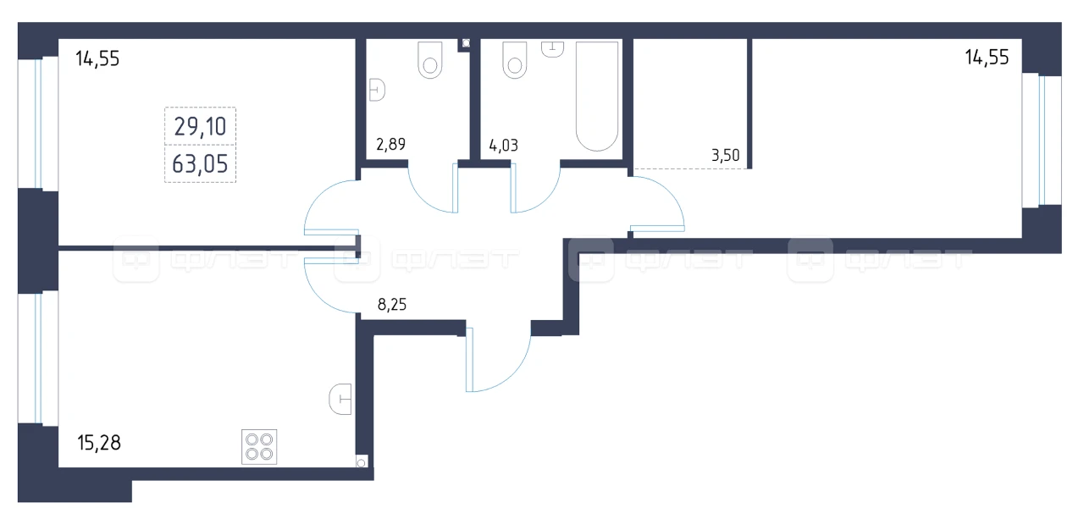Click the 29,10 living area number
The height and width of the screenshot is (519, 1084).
[x=200, y=127]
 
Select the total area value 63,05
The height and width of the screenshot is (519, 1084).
[x=200, y=164]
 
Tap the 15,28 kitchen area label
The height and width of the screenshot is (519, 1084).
[x=99, y=443]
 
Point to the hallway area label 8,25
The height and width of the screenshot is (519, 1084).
[x=392, y=304]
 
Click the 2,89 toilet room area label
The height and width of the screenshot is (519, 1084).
[x=390, y=144]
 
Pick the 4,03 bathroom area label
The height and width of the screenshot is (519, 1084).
[x=503, y=145]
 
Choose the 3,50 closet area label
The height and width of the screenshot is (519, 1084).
[x=726, y=155]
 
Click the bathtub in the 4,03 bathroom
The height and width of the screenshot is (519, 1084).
[x=597, y=96]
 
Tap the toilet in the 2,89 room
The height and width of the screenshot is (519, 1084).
[x=429, y=60]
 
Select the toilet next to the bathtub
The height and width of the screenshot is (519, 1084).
[x=514, y=60]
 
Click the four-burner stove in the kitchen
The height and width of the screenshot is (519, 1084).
[x=259, y=447]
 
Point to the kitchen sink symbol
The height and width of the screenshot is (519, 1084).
[x=340, y=399]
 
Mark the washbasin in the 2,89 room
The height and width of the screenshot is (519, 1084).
[x=377, y=90]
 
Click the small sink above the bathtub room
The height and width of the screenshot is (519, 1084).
[x=552, y=49]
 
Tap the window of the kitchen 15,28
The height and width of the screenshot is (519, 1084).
[x=38, y=358]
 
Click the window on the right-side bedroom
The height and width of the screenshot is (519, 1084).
[x=1042, y=141]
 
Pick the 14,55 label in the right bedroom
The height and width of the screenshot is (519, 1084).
[x=987, y=58]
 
